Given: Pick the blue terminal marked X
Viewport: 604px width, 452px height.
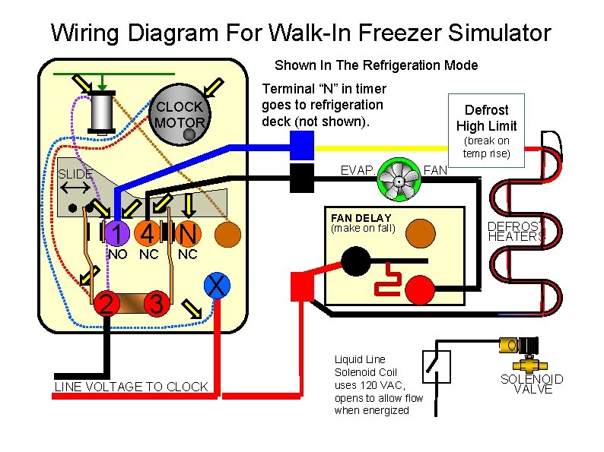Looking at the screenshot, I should [217, 286].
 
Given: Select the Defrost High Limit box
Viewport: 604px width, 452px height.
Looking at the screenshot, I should [486, 118].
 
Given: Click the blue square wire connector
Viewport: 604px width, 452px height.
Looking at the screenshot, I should [302, 144].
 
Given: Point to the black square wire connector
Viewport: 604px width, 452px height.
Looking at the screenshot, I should [302, 177].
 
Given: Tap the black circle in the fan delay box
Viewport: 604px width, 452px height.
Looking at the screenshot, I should [354, 262].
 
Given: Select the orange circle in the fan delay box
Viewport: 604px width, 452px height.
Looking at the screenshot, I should [420, 234].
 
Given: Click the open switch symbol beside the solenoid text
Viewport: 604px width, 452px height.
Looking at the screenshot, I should [436, 366].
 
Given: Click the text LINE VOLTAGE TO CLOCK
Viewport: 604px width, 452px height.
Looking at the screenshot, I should [131, 387].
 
